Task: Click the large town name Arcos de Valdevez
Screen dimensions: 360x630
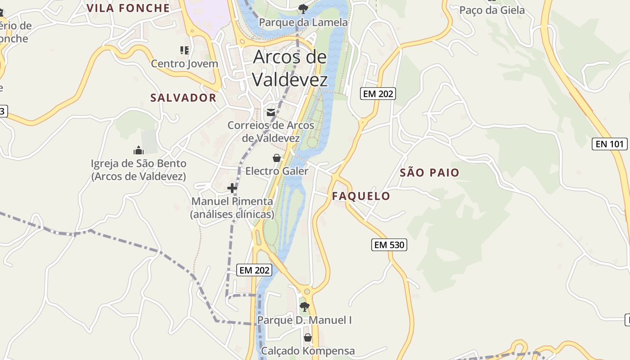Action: coord(290,68)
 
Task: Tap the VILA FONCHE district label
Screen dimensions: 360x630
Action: coord(128,8)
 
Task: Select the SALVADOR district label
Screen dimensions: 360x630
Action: coord(183,98)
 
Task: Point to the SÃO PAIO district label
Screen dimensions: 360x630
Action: coord(430,172)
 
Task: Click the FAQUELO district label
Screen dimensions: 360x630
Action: coord(361,196)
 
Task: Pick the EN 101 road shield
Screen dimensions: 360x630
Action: coord(610,144)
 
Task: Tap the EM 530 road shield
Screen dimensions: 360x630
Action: coord(390,245)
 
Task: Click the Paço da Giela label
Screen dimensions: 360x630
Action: coord(492,10)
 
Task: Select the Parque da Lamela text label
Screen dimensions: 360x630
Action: coord(303,22)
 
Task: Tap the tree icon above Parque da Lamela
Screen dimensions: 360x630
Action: coord(303,8)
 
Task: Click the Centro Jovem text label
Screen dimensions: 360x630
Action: coord(184,63)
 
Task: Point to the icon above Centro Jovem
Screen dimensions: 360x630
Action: coord(184,50)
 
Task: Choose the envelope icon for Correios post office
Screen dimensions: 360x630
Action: coord(271,112)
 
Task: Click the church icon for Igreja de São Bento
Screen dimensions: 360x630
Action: coord(139,150)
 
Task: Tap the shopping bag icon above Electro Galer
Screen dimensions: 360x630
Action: coord(277,158)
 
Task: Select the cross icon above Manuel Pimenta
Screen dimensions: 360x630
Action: coord(232,188)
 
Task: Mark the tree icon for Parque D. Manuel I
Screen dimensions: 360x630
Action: coord(305,307)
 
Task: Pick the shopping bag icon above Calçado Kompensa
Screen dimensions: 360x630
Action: coord(308,337)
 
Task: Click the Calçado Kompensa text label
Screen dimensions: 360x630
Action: coord(308,351)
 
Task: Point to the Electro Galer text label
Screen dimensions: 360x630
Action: coord(277,171)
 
